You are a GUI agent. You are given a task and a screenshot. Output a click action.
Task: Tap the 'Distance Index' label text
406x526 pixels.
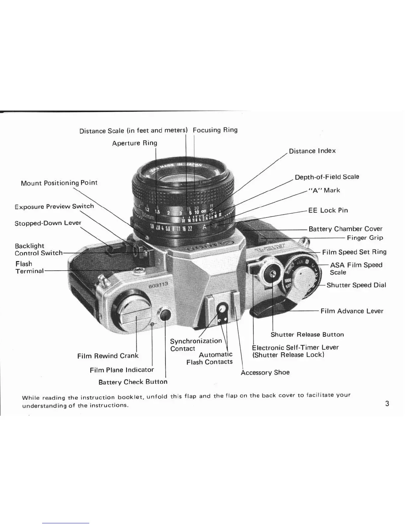[x=312, y=151]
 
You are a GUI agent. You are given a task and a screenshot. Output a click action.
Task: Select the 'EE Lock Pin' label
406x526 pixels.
[x=328, y=210]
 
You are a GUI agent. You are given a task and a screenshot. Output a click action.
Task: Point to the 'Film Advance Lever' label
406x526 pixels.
[x=352, y=311]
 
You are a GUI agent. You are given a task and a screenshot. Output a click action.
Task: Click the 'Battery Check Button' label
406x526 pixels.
[x=133, y=382]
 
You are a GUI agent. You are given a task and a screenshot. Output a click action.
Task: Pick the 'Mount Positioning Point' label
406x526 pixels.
[x=59, y=183]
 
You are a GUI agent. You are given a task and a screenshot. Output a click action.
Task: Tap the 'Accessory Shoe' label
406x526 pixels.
[x=265, y=372]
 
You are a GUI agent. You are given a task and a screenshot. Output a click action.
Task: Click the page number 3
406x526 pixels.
[x=387, y=404]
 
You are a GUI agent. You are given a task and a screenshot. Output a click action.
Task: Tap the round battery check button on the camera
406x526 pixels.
[x=165, y=314]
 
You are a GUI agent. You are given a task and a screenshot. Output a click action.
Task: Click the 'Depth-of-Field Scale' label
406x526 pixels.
[x=327, y=177]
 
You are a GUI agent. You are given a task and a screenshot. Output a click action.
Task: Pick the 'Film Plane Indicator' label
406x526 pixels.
[x=122, y=370]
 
